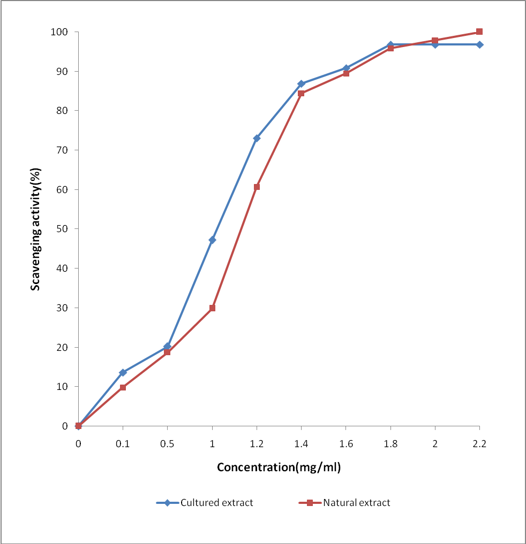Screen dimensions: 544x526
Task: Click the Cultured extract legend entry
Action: pyautogui.click(x=205, y=503)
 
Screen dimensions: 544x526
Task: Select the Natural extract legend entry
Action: pyautogui.click(x=344, y=503)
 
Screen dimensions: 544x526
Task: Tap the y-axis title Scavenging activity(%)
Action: pyautogui.click(x=35, y=228)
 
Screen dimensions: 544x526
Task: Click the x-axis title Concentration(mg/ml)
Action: pyautogui.click(x=279, y=467)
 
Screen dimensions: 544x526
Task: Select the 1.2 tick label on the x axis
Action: pyautogui.click(x=257, y=443)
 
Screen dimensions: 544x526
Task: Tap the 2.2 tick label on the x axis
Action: pyautogui.click(x=479, y=443)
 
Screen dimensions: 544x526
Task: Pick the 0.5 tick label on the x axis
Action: pyautogui.click(x=167, y=443)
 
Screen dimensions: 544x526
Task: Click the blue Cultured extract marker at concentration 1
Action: pyautogui.click(x=212, y=240)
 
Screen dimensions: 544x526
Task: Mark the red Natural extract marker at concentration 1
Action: pyautogui.click(x=212, y=308)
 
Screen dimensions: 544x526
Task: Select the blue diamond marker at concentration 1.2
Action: pyautogui.click(x=257, y=138)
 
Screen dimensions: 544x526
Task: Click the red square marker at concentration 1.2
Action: pyautogui.click(x=257, y=187)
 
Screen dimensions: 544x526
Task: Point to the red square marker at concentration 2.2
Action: pyautogui.click(x=479, y=32)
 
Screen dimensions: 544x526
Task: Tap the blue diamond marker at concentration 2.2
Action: pyautogui.click(x=479, y=44)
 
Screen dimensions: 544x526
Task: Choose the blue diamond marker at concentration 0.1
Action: pyautogui.click(x=123, y=372)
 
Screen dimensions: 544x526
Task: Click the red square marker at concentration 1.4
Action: pyautogui.click(x=301, y=94)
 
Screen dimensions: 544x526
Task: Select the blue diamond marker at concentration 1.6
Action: pyautogui.click(x=346, y=68)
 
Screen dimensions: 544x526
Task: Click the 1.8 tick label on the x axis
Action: pyautogui.click(x=390, y=443)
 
